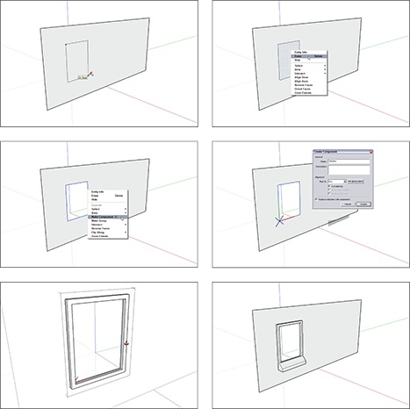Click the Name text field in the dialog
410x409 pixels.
349,162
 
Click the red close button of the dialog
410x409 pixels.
370,151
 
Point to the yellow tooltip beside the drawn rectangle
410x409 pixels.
83,77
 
